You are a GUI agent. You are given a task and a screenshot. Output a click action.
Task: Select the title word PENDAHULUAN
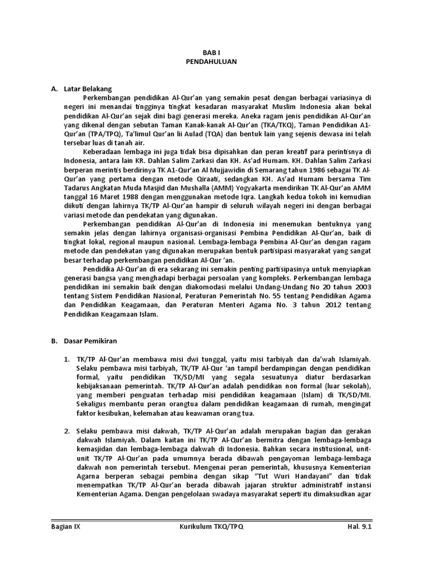211,62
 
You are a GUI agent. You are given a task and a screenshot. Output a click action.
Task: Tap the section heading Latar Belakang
88,88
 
